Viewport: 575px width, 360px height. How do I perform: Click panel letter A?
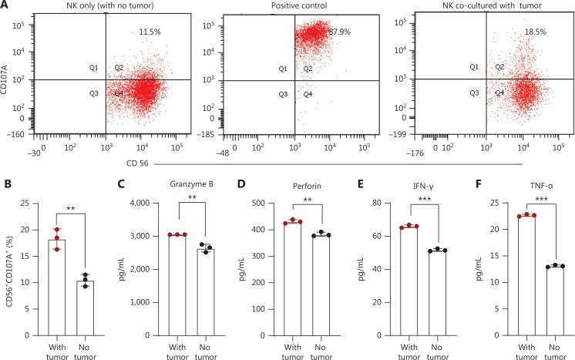[5, 6]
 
